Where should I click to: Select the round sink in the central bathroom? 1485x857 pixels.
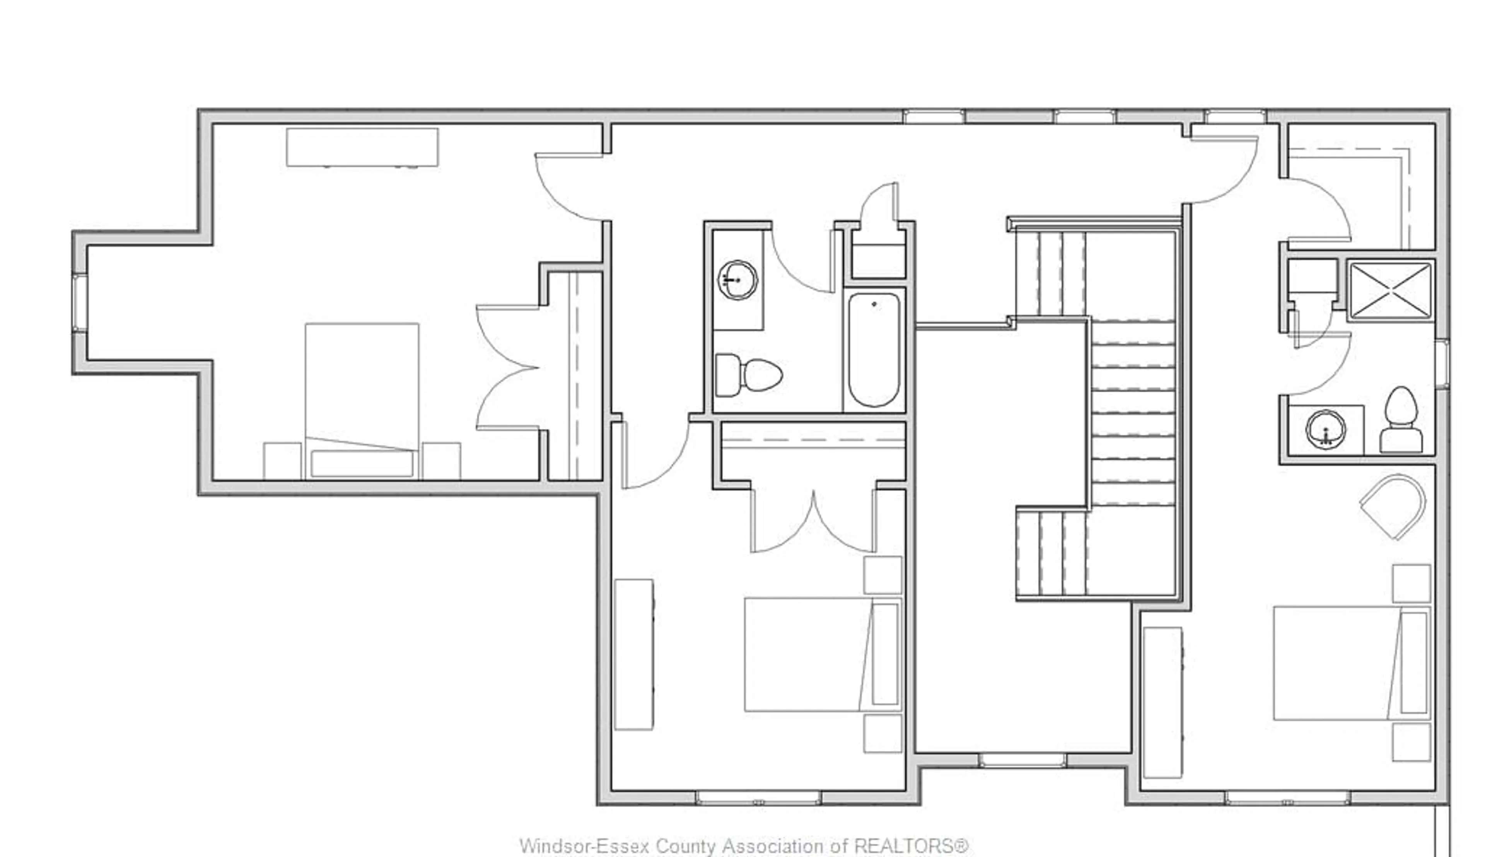737,280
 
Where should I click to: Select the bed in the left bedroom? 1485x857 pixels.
362,400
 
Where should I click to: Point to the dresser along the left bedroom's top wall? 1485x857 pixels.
362,147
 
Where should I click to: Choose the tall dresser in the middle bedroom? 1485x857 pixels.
634,654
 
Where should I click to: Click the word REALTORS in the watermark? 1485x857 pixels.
911,846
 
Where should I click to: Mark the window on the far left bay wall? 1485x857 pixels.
79,303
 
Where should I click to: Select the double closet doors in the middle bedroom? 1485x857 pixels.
813,521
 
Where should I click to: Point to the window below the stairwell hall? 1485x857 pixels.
1022,760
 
